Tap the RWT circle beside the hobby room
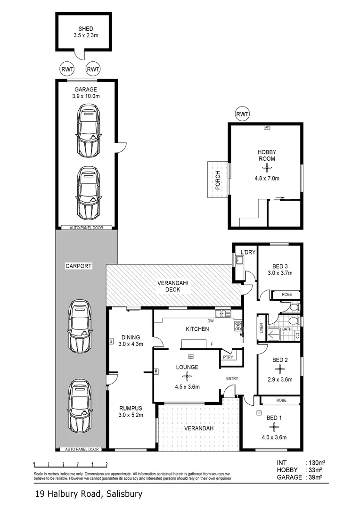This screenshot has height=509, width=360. tap(242, 114)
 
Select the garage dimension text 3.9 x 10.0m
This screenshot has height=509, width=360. tap(86, 96)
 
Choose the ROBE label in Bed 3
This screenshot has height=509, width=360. tap(286, 295)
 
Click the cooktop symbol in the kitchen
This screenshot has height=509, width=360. tap(238, 324)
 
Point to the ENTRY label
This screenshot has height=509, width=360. tap(232, 378)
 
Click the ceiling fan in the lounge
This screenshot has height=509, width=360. tap(187, 376)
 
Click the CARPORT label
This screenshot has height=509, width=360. tap(78, 266)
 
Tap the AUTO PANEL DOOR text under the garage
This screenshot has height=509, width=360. tap(86, 227)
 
